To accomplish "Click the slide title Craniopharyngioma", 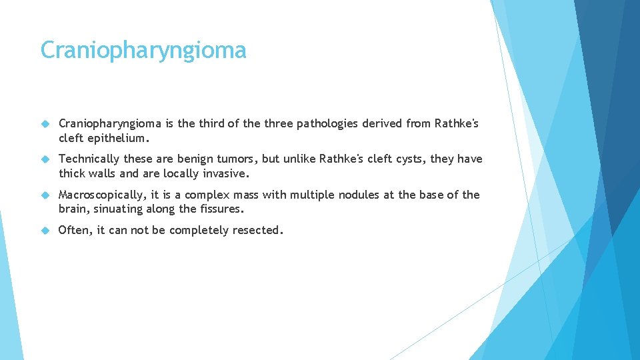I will coord(143,51).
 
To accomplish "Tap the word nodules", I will coord(359,195).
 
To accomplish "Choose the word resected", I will coord(259,231).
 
